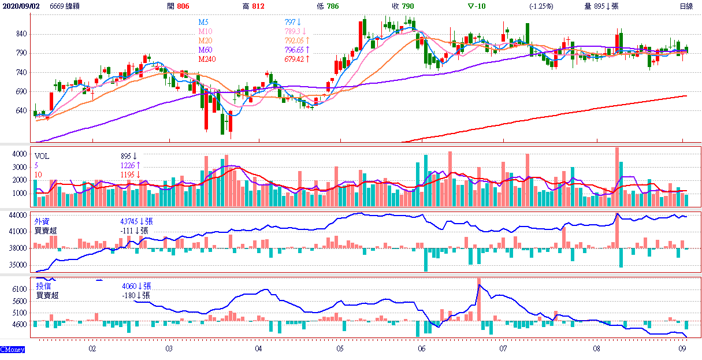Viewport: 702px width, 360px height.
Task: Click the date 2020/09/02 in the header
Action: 21,6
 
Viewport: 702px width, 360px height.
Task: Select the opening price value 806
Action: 183,6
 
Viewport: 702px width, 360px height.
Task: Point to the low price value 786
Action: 332,6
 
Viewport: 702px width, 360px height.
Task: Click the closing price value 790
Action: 407,6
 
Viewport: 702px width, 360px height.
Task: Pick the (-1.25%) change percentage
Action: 541,6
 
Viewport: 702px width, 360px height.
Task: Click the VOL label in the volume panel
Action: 42,156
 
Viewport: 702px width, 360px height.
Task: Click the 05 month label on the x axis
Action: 340,349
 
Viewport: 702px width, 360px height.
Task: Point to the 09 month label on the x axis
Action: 682,349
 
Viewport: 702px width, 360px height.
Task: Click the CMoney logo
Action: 12,350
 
